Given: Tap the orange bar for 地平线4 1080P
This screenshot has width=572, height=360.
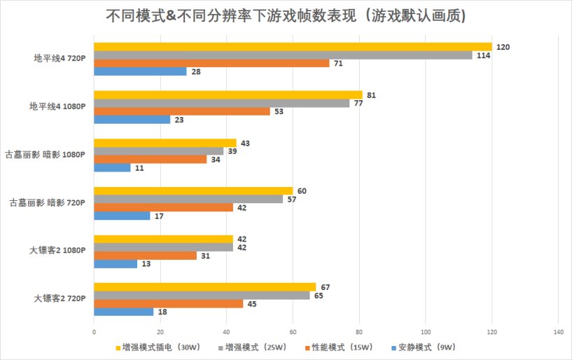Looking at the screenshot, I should (x=181, y=111).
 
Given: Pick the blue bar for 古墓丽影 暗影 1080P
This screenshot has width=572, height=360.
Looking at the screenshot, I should (x=112, y=167).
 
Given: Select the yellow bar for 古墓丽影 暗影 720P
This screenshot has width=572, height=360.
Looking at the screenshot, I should (x=193, y=191).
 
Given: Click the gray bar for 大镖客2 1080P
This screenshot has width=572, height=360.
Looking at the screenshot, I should (x=163, y=247).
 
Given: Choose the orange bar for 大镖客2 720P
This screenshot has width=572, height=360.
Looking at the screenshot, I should (x=168, y=303).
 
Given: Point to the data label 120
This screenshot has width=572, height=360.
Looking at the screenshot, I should (x=502, y=47).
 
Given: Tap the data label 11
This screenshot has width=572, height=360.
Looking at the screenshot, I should (x=140, y=167).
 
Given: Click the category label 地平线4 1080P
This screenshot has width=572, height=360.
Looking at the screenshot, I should (x=57, y=107).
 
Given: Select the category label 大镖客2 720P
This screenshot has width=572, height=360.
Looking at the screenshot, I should (x=60, y=298).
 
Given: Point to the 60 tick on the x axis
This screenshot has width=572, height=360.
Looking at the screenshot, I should (x=293, y=331).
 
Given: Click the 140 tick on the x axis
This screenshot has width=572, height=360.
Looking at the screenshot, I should (x=558, y=331).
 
